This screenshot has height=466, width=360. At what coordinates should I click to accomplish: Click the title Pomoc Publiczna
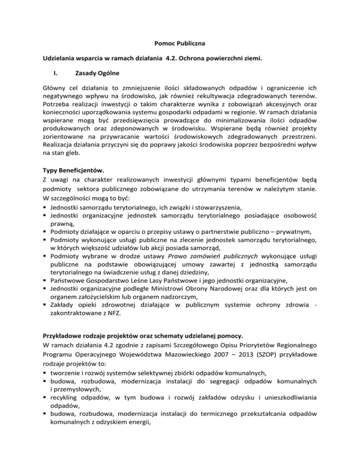(180, 45)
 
